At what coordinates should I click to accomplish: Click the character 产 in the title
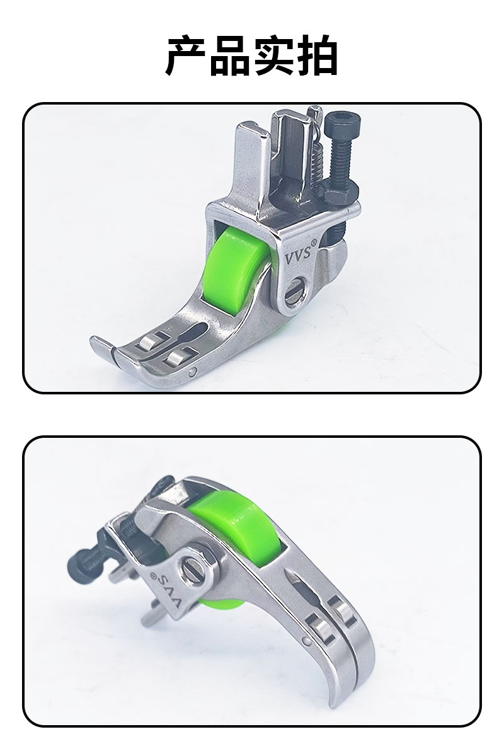(x=186, y=55)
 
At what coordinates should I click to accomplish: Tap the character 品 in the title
(x=231, y=55)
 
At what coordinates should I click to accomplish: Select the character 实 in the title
(x=274, y=55)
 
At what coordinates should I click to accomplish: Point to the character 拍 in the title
(x=318, y=55)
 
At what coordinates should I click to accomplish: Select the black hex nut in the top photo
(x=340, y=193)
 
